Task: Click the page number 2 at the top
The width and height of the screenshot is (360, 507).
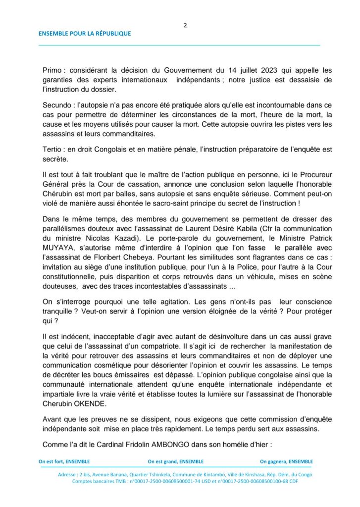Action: click(x=185, y=25)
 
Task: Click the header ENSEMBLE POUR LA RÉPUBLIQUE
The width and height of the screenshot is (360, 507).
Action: click(x=85, y=34)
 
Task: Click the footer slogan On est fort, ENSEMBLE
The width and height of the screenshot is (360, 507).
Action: click(x=64, y=461)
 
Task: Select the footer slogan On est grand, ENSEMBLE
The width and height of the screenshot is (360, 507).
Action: click(x=176, y=461)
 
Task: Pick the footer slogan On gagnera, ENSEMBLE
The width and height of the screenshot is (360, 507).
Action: click(x=286, y=461)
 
